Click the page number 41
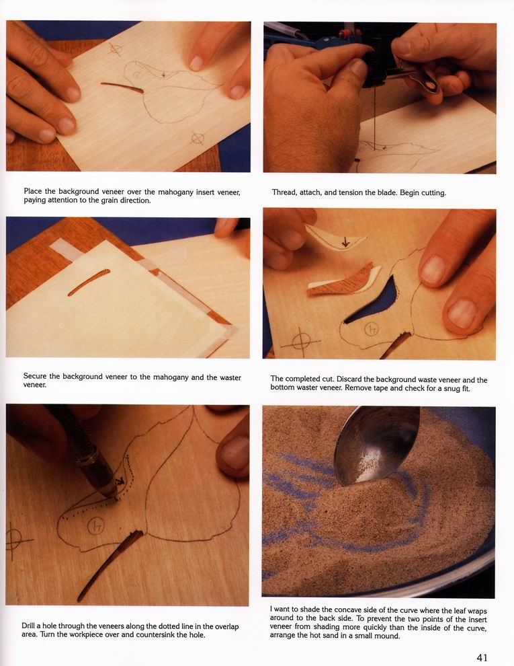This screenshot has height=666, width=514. tap(482, 657)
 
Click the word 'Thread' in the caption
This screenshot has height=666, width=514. tap(285, 192)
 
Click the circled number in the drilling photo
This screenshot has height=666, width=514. tap(96, 527)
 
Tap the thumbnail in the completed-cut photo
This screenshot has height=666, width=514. tap(462, 314)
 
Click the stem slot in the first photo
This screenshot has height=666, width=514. tap(122, 87)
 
